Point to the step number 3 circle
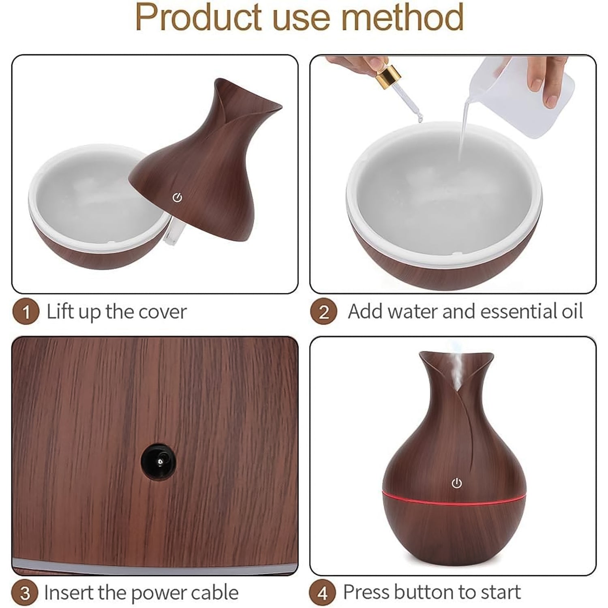coord(25,593)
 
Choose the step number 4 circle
coord(323,593)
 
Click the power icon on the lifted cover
coord(177,198)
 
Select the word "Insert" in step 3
coord(68,593)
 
